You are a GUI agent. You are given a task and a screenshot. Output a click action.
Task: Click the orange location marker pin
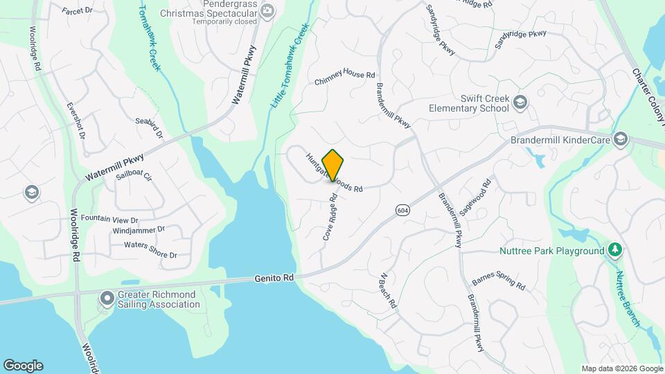click(x=333, y=165)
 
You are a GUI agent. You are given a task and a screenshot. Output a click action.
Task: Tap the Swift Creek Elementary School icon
click(x=520, y=103)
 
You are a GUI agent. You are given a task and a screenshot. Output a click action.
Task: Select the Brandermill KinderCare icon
click(x=620, y=139)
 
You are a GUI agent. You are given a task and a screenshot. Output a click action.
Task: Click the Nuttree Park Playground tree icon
click(x=614, y=250)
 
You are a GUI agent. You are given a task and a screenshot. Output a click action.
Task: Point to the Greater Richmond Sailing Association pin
click(x=107, y=299)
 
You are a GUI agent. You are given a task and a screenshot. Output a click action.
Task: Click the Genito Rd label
click(x=273, y=277)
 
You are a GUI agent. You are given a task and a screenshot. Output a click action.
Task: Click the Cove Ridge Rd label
click(x=330, y=217)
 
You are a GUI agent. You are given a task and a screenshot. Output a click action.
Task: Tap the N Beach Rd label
click(x=387, y=290)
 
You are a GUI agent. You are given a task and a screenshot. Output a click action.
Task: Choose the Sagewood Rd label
click(x=475, y=196)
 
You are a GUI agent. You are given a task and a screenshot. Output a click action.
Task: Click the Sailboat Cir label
click(x=133, y=175)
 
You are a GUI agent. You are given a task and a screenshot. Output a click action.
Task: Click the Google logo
click(x=23, y=365)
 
